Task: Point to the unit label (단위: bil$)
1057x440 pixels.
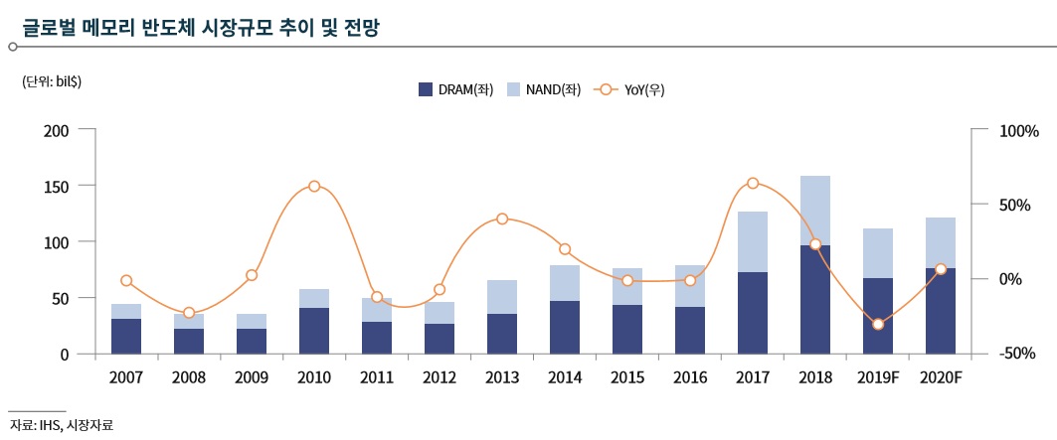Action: pyautogui.click(x=52, y=81)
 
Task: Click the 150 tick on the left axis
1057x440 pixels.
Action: pyautogui.click(x=56, y=187)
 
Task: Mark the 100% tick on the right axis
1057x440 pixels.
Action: pyautogui.click(x=1018, y=131)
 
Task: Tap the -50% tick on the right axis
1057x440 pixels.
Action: pyautogui.click(x=1018, y=355)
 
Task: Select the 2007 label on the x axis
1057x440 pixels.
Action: pyautogui.click(x=126, y=378)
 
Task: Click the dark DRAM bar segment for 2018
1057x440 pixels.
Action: pyautogui.click(x=815, y=299)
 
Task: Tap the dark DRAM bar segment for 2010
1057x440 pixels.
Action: pyautogui.click(x=314, y=331)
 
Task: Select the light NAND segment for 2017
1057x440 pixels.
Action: pyautogui.click(x=753, y=241)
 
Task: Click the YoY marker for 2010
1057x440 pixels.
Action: pyautogui.click(x=314, y=186)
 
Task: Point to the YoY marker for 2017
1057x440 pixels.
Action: pyautogui.click(x=753, y=183)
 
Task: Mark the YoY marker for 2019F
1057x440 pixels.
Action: pyautogui.click(x=878, y=324)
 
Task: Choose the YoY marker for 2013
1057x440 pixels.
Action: pyautogui.click(x=502, y=219)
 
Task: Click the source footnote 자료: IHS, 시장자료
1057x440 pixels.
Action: pyautogui.click(x=62, y=425)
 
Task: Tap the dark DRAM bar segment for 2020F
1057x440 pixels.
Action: pyautogui.click(x=941, y=311)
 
